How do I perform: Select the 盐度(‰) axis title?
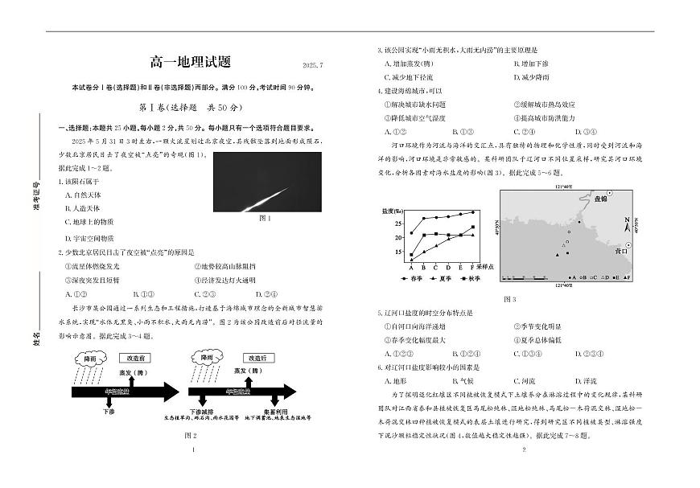click(393, 211)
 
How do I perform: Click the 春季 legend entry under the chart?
click(412, 277)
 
